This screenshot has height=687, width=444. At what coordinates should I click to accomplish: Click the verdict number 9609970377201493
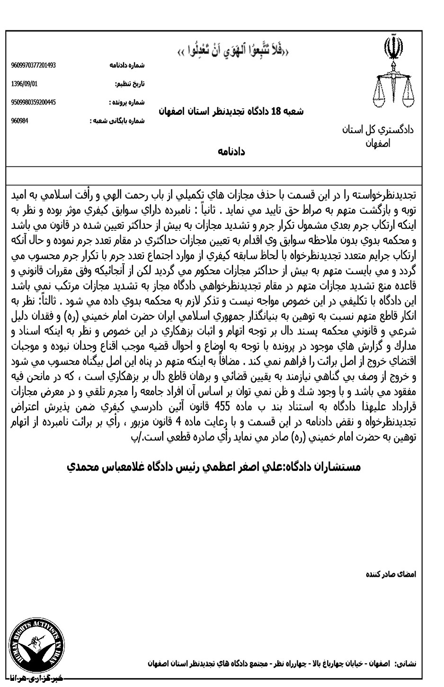(x=33, y=65)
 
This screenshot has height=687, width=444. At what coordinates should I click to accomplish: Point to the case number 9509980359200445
(x=33, y=102)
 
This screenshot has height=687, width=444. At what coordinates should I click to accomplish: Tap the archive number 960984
(x=19, y=120)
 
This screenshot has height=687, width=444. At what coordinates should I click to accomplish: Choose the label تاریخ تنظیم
(x=131, y=84)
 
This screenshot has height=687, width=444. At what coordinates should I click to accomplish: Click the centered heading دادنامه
(x=231, y=151)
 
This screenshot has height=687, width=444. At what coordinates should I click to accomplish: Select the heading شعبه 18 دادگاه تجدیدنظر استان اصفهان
(x=231, y=112)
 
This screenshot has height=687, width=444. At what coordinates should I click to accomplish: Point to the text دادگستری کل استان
(x=378, y=129)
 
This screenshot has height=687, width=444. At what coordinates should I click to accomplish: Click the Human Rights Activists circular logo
(x=37, y=645)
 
